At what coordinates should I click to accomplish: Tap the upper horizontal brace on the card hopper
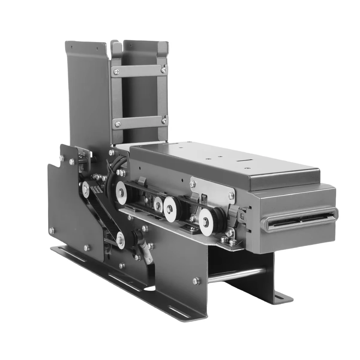(139, 70)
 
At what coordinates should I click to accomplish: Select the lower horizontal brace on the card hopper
(139, 121)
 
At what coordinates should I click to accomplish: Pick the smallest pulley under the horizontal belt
(157, 205)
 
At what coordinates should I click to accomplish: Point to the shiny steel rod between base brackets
(237, 274)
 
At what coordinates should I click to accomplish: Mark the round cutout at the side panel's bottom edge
(149, 289)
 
